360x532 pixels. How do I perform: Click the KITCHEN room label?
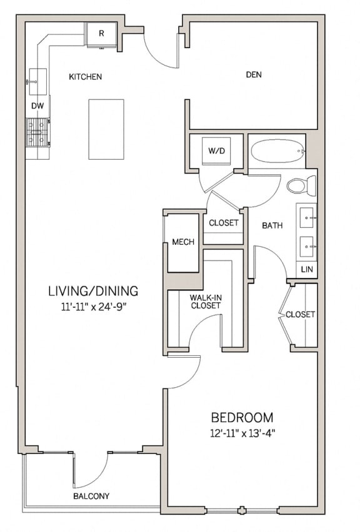(x=85, y=77)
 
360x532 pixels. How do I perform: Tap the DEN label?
(x=253, y=75)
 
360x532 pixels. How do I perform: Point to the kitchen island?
(x=106, y=129)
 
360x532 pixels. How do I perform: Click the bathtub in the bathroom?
(x=277, y=150)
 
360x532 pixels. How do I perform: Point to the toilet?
(x=301, y=185)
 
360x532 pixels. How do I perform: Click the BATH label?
(x=272, y=225)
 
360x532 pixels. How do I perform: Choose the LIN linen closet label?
(x=306, y=269)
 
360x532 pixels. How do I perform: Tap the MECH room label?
(x=183, y=242)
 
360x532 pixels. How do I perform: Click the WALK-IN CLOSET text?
(x=206, y=301)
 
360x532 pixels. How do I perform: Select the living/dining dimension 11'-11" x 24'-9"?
(x=93, y=307)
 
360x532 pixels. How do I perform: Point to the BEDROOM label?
(x=241, y=417)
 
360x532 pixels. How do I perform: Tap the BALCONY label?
(x=91, y=496)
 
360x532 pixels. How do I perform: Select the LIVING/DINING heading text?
(x=93, y=291)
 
